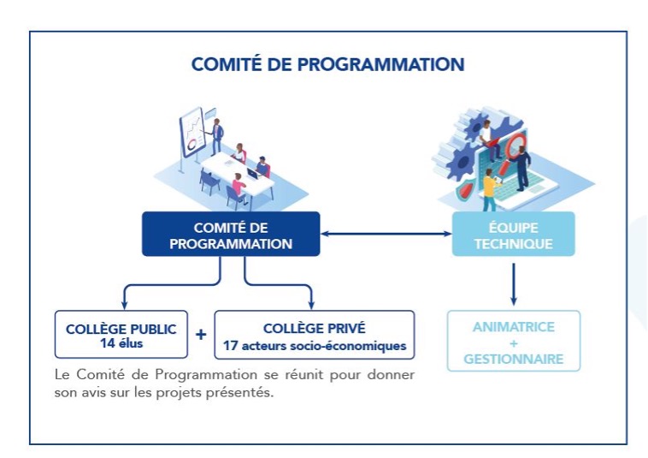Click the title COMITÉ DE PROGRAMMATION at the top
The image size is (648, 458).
(x=327, y=65)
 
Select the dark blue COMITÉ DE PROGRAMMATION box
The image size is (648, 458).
(x=231, y=234)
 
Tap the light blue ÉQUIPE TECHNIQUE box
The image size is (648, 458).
(x=513, y=234)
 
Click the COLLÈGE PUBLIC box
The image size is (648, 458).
(x=121, y=334)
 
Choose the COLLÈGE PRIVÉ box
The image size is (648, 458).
(x=314, y=334)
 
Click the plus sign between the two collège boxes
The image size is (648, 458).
(x=201, y=334)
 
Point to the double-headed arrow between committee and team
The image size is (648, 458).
(x=386, y=233)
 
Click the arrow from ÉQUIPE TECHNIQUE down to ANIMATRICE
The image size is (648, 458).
(x=513, y=283)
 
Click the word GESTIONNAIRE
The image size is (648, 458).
(x=513, y=359)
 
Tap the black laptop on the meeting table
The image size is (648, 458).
(x=252, y=175)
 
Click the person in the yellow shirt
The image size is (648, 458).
(x=489, y=189)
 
